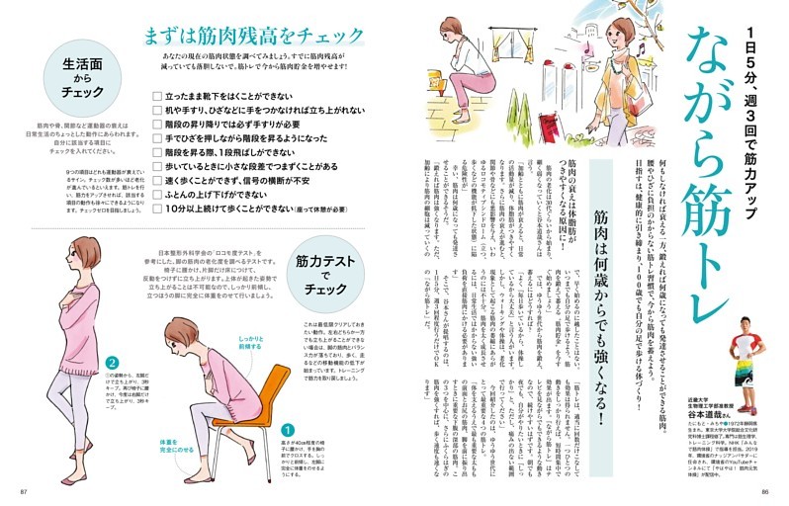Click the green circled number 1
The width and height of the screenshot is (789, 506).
click(288, 430)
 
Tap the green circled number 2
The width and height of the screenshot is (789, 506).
click(114, 363)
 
